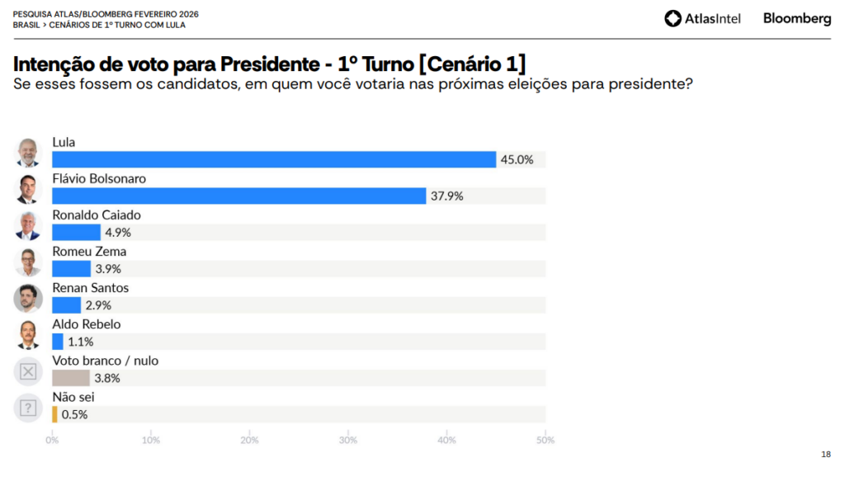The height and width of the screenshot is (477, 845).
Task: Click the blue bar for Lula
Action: (274, 159)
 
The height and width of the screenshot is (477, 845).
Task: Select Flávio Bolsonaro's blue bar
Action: (239, 196)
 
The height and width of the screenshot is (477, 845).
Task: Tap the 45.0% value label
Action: (517, 160)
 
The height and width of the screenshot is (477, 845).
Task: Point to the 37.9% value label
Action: (447, 196)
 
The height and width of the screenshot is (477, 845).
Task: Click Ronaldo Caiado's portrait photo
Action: (28, 225)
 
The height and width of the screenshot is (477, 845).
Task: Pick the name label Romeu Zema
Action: (89, 252)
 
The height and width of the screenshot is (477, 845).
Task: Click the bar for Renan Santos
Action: (66, 305)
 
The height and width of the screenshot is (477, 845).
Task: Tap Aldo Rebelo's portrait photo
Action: (28, 334)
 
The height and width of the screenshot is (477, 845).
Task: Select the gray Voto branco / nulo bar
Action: (70, 378)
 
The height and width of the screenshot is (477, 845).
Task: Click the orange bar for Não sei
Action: (54, 414)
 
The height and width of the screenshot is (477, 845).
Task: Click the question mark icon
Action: (28, 408)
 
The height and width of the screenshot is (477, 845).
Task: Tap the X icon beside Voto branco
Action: (28, 371)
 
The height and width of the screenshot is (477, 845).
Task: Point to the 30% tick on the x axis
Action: (348, 440)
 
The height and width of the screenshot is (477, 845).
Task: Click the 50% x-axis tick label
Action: (545, 440)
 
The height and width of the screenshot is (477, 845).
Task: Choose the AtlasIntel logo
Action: (704, 18)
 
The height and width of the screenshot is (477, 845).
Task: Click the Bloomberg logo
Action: (797, 18)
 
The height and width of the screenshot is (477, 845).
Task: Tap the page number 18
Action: (826, 454)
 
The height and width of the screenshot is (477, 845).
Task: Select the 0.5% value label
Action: (74, 414)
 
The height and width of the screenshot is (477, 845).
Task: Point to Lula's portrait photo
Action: (28, 153)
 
